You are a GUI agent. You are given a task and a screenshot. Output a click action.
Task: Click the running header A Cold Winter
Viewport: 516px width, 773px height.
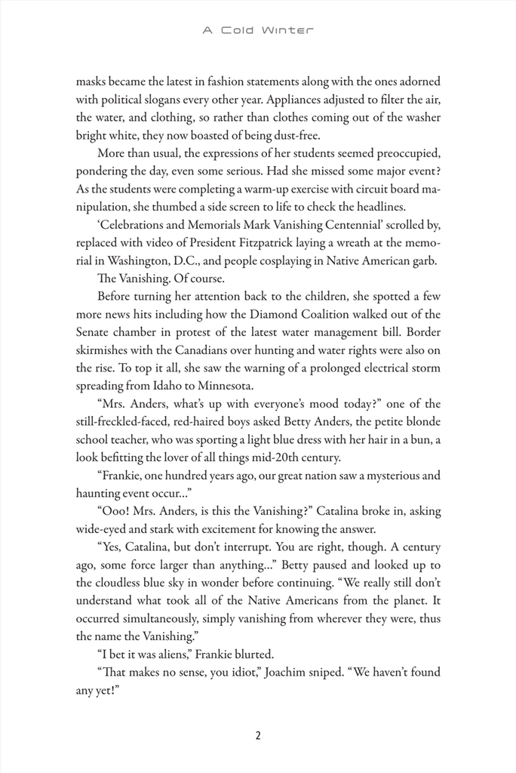click(x=258, y=31)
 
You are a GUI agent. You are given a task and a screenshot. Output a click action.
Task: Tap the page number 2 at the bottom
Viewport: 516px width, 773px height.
click(x=258, y=736)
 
